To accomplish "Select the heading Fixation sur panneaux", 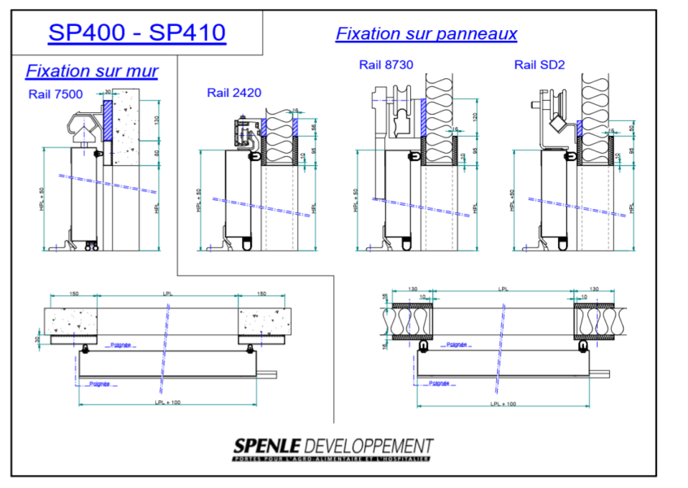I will click(x=426, y=34).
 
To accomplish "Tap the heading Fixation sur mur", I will click(x=92, y=72).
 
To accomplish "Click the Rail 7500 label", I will click(x=55, y=94).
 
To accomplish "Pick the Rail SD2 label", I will click(x=534, y=65).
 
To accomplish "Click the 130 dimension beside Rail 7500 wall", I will click(x=158, y=120).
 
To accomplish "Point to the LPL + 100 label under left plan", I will click(x=167, y=402).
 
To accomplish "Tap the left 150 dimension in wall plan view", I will click(x=74, y=294).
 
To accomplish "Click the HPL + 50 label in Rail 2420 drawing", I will click(x=198, y=200).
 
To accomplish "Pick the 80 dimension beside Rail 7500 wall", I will click(x=158, y=151).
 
